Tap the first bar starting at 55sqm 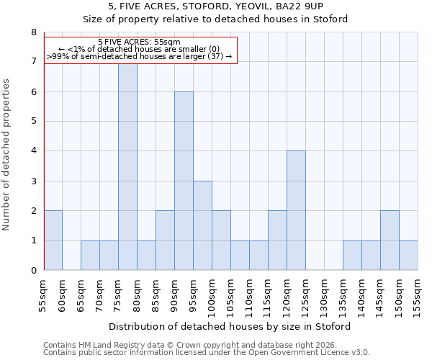[53, 240]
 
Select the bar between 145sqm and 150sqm [390, 240]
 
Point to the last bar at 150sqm [408, 256]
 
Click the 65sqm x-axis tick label [81, 294]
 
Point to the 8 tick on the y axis [33, 32]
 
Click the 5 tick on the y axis [33, 122]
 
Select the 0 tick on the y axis [33, 271]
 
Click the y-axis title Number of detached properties [7, 152]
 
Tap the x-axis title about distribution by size [230, 327]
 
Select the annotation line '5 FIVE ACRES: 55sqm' [139, 42]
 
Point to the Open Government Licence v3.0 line [206, 353]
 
